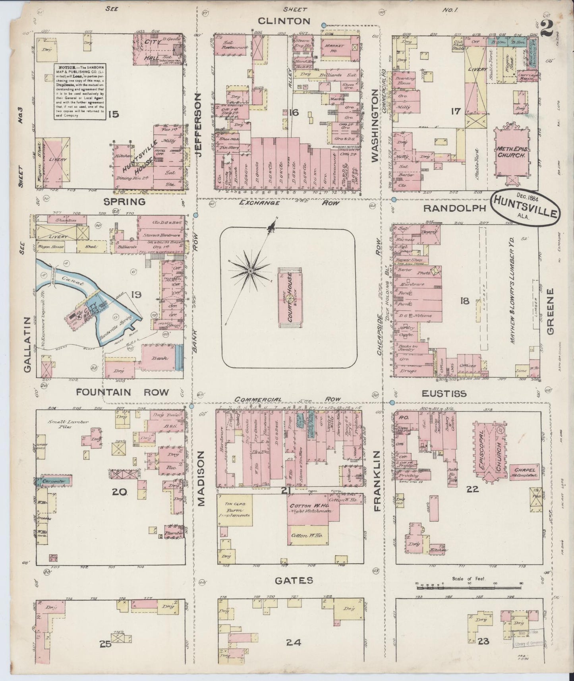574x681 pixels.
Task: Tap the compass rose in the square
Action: (250, 271)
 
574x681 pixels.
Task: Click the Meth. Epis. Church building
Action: (511, 153)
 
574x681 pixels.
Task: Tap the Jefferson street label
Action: (199, 125)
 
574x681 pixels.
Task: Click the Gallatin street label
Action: (27, 344)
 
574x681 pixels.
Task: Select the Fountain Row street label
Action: (122, 392)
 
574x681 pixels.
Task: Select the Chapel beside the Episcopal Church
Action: (524, 471)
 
